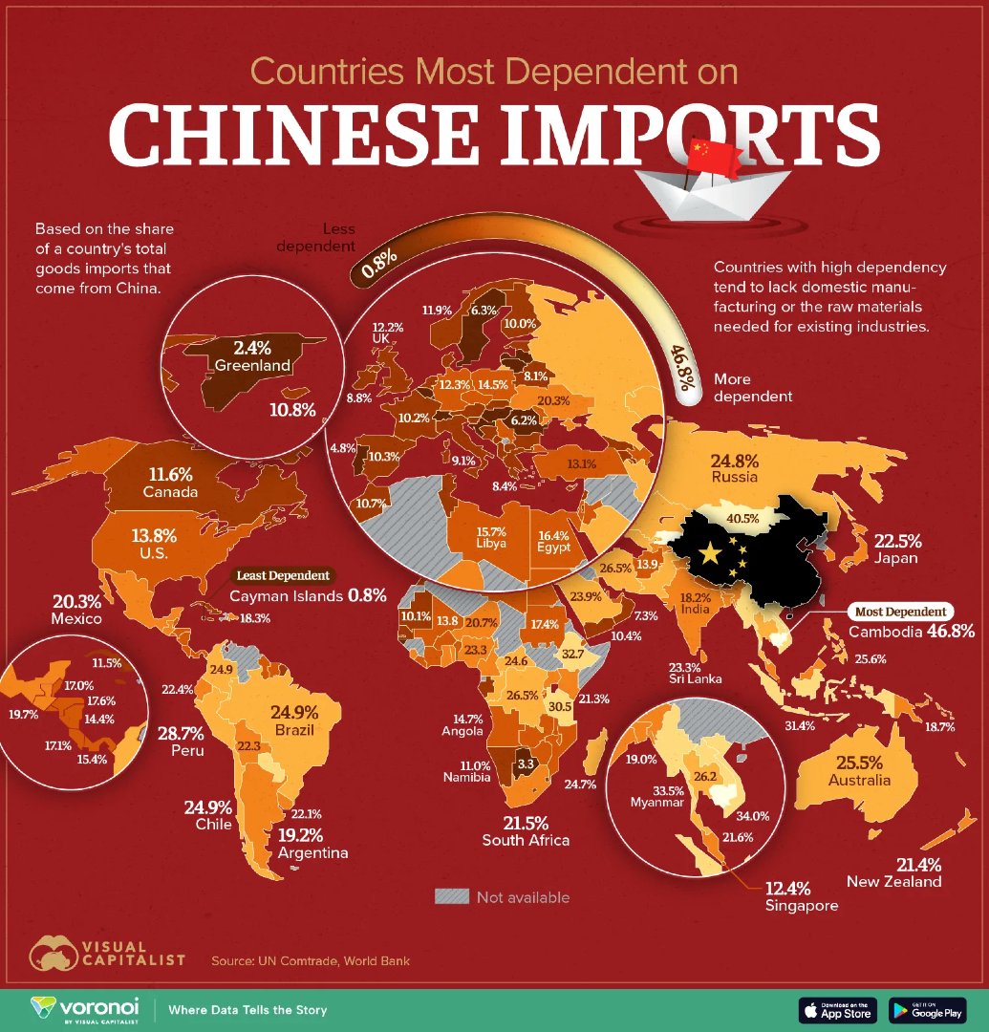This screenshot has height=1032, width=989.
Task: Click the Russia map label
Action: tap(734, 476)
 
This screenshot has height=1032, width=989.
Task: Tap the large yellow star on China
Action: tap(709, 553)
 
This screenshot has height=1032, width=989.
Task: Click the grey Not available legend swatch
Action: tap(452, 896)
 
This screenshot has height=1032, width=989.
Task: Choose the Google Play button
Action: tap(927, 1009)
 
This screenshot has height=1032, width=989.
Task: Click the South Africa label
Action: tap(526, 840)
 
